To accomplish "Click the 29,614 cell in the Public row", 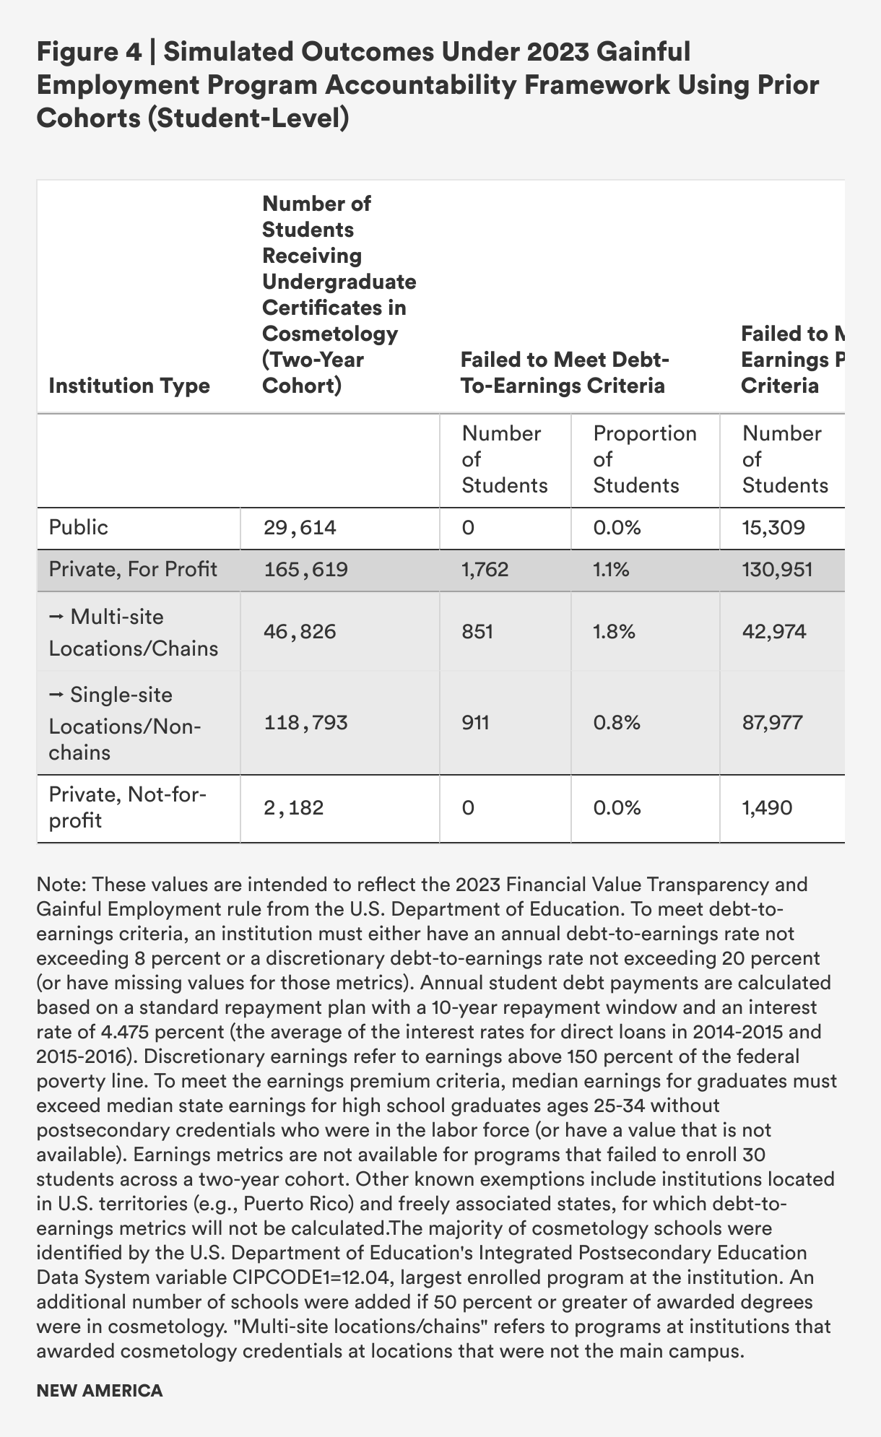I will pyautogui.click(x=299, y=528).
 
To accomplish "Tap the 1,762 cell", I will pyautogui.click(x=485, y=570).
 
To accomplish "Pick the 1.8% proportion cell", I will pyautogui.click(x=614, y=633).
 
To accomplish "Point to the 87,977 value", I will pyautogui.click(x=773, y=723).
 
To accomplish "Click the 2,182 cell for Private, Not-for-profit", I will pyautogui.click(x=293, y=807).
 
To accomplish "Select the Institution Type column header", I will pyautogui.click(x=129, y=386).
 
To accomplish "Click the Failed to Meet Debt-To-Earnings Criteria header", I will pyautogui.click(x=563, y=373).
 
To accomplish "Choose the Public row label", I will pyautogui.click(x=78, y=528).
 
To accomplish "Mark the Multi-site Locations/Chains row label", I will pyautogui.click(x=133, y=633).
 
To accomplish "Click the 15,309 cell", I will pyautogui.click(x=773, y=528).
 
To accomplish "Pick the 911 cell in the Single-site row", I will pyautogui.click(x=476, y=723).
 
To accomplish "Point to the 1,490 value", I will pyautogui.click(x=767, y=807).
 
